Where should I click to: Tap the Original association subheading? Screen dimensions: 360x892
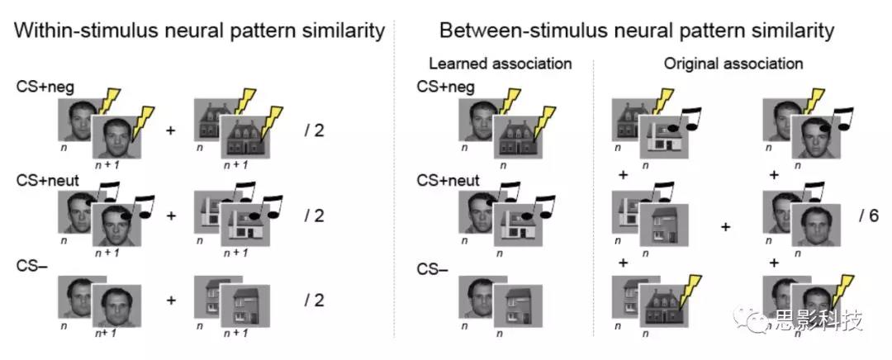[x=733, y=64]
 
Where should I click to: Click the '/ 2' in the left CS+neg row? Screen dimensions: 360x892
[x=315, y=130]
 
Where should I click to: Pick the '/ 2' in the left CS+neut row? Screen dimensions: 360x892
[x=315, y=216]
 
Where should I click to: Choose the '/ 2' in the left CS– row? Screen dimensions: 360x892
[x=315, y=300]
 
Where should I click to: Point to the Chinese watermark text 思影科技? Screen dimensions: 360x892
[x=818, y=321]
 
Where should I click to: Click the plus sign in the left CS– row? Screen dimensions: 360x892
[x=172, y=300]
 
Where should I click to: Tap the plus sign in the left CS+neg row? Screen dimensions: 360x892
[x=172, y=130]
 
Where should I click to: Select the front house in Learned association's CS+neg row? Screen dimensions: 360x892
[x=517, y=138]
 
